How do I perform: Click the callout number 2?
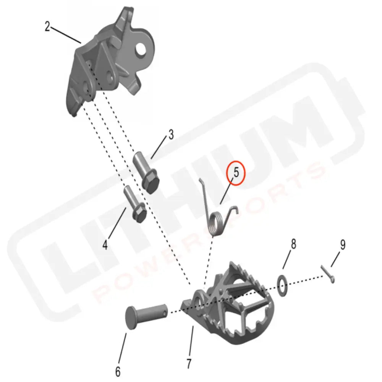pos(47,27)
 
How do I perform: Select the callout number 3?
pos(171,134)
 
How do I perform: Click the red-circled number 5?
pos(236,173)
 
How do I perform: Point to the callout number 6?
pos(118,371)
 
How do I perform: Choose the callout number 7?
pos(189,363)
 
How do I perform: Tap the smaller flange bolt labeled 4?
pos(134,204)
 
